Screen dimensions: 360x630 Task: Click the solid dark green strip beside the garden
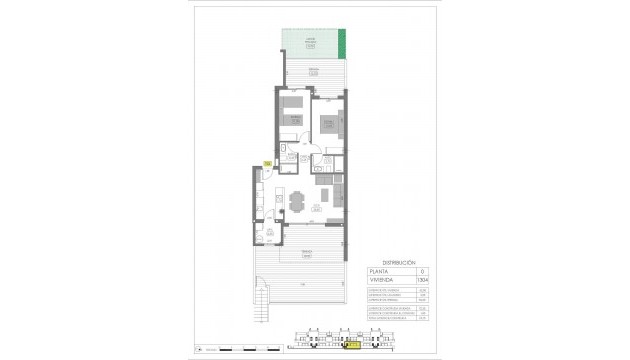point(344,44)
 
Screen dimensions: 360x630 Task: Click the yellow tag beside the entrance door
point(266,164)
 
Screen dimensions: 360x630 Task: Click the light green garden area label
point(310,41)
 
